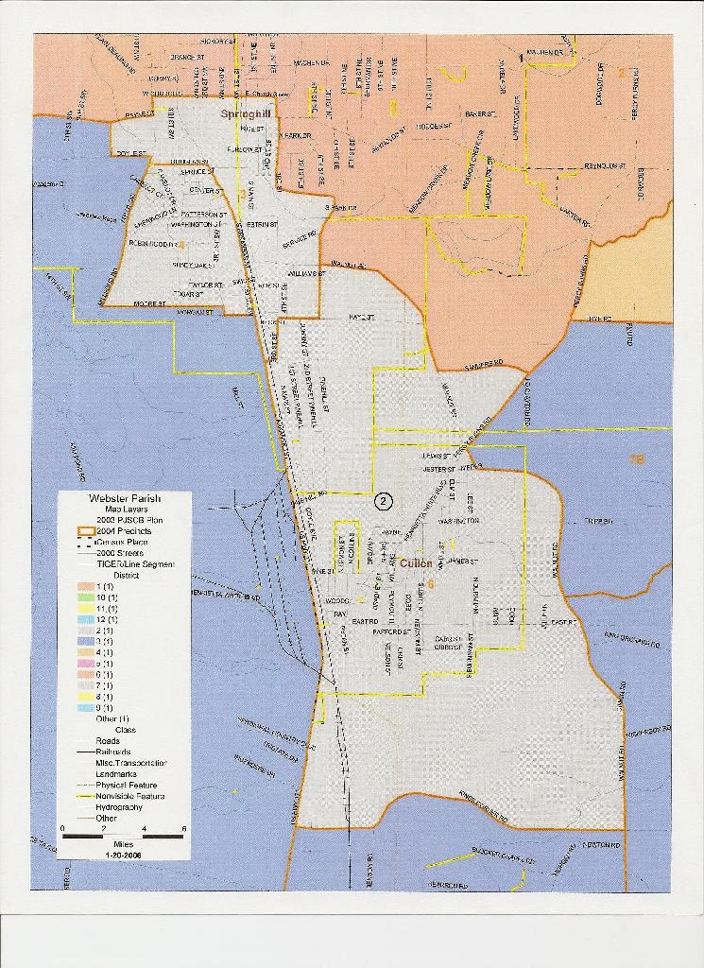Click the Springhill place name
pos(246,113)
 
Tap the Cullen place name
pos(416,563)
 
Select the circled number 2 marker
pos(383,501)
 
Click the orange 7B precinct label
pos(636,459)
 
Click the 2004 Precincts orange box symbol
pos(80,531)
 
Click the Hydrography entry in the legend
pos(118,807)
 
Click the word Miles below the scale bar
pos(121,843)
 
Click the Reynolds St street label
pos(606,165)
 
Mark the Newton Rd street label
pos(599,844)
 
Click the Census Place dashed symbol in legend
pos(80,543)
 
